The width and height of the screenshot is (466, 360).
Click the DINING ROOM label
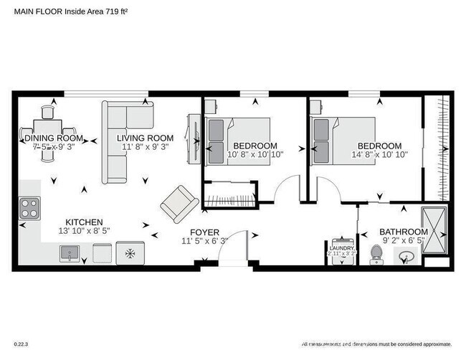click(54, 138)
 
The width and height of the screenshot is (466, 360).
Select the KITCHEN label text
click(85, 222)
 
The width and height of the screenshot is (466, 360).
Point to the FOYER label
click(204, 232)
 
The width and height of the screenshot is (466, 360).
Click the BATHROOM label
click(403, 232)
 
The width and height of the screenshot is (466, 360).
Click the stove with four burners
click(29, 209)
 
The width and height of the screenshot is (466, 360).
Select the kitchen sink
click(70, 252)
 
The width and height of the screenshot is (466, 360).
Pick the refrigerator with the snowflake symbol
click(130, 253)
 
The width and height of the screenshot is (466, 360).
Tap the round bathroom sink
click(409, 257)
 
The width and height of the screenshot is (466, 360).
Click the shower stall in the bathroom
click(436, 229)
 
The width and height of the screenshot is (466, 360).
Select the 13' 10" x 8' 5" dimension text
click(85, 232)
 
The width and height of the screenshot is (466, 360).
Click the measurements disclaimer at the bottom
click(376, 344)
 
